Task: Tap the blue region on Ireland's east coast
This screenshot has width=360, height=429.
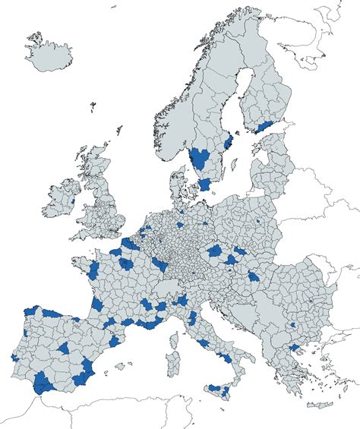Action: (72, 201)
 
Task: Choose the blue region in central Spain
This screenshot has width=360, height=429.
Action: (65, 349)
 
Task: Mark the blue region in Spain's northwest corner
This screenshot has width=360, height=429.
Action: (30, 311)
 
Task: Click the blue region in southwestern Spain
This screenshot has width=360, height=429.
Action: (45, 383)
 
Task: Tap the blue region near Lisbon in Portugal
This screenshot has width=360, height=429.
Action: (14, 356)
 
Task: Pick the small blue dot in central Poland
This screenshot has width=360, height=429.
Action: (258, 222)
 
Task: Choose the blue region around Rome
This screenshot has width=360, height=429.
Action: (204, 341)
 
